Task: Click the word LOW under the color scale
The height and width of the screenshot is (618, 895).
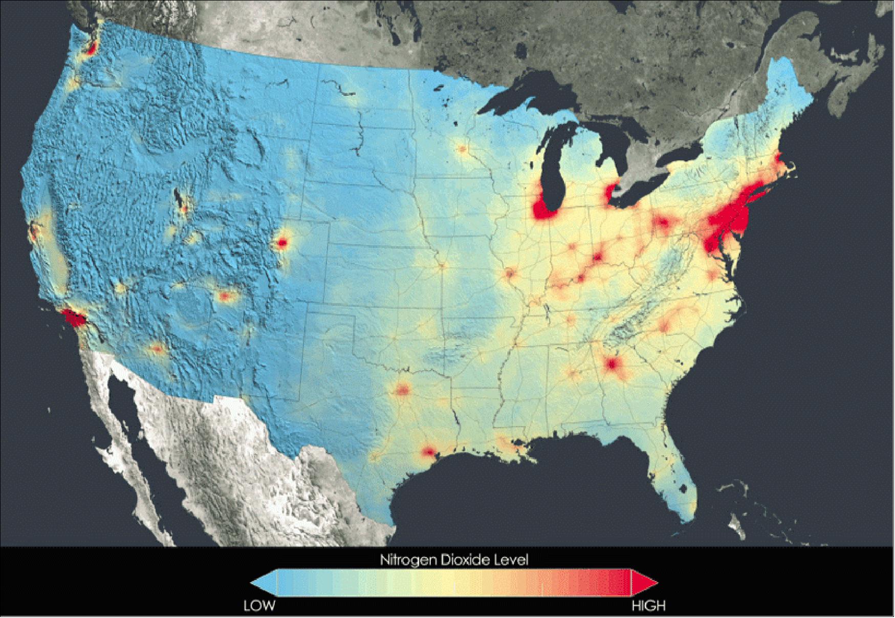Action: coord(259,606)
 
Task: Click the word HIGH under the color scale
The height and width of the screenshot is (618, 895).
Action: coord(648,606)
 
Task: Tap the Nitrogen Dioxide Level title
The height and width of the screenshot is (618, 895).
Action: coord(453,560)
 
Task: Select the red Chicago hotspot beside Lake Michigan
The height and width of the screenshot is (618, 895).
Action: coord(544,210)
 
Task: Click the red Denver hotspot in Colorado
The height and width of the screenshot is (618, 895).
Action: coord(281,243)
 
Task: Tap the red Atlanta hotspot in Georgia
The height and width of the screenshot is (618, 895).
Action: coord(612,365)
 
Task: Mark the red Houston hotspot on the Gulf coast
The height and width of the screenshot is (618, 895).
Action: coord(428,452)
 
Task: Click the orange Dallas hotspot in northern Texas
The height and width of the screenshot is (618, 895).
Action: coord(403,391)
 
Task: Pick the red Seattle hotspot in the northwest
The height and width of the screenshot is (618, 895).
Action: coord(92,49)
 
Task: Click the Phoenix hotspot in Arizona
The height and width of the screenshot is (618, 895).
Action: coord(158,350)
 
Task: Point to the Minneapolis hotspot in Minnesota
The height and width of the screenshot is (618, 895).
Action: coord(463,149)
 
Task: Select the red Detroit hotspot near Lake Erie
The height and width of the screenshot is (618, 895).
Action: coord(609,194)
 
